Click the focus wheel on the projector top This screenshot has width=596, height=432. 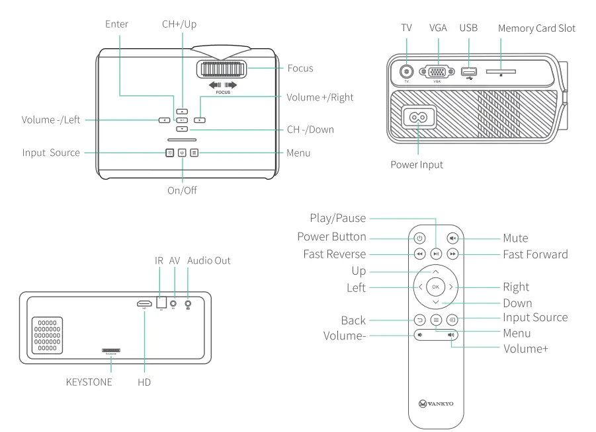(x=220, y=69)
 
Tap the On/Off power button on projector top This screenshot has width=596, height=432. (x=182, y=153)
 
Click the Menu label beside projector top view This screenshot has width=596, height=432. (x=299, y=153)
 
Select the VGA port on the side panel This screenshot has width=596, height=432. (x=437, y=72)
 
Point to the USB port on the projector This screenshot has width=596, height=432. (x=468, y=71)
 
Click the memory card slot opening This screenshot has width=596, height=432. (x=501, y=71)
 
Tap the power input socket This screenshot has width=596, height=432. (x=417, y=118)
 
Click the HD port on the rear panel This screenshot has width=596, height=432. (x=144, y=305)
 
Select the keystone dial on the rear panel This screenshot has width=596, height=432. (x=111, y=351)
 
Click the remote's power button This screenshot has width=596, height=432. (x=419, y=238)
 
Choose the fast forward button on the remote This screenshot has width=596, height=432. (x=452, y=254)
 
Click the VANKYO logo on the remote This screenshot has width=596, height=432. (x=436, y=403)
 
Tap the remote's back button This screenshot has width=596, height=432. (x=419, y=320)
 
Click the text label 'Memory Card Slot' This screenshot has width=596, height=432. (x=536, y=28)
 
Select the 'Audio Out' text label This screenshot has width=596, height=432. (x=209, y=260)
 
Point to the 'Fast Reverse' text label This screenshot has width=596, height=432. (x=334, y=254)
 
